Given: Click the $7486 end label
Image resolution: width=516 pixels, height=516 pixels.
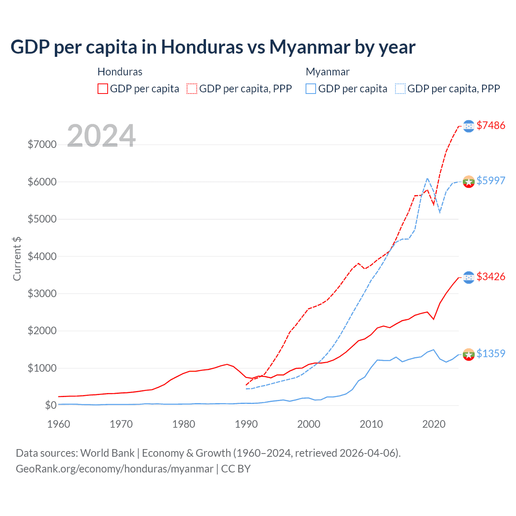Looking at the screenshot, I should click(x=491, y=125).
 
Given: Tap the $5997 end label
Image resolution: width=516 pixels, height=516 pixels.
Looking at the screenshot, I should click(x=491, y=181).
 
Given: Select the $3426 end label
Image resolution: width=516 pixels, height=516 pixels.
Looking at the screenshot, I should click(x=491, y=277).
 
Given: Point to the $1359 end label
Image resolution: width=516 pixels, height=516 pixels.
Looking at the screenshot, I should click(x=491, y=354).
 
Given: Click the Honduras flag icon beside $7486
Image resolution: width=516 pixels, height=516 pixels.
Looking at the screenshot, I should click(x=468, y=126).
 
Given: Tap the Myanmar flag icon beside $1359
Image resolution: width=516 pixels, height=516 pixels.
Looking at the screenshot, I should click(x=468, y=354).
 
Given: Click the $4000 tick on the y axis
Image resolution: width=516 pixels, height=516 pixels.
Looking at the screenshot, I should click(x=42, y=256).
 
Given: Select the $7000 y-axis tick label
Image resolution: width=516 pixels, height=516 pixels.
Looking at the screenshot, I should click(x=42, y=144).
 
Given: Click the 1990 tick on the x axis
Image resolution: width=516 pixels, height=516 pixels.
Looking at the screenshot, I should click(x=246, y=424).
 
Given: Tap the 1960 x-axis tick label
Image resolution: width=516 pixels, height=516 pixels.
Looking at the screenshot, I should click(x=59, y=424).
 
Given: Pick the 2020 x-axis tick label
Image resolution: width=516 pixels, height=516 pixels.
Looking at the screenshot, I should click(x=434, y=424).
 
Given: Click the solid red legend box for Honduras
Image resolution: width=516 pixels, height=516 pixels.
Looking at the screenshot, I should click(x=103, y=89).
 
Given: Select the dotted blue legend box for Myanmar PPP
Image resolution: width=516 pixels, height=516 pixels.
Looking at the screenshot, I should click(x=400, y=89).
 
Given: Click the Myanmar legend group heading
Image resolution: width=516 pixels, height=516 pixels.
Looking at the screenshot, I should click(x=327, y=72).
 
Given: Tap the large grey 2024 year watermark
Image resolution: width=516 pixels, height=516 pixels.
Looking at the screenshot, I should click(x=101, y=136).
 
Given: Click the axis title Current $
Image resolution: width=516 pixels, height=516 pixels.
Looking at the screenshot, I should click(x=17, y=259).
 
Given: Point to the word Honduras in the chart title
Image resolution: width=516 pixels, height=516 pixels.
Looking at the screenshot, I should click(x=202, y=47).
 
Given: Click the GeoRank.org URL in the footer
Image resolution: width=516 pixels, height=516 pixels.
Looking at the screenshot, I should click(x=114, y=469).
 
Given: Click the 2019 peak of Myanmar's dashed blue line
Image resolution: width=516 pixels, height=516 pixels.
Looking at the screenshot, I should click(x=427, y=178).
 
